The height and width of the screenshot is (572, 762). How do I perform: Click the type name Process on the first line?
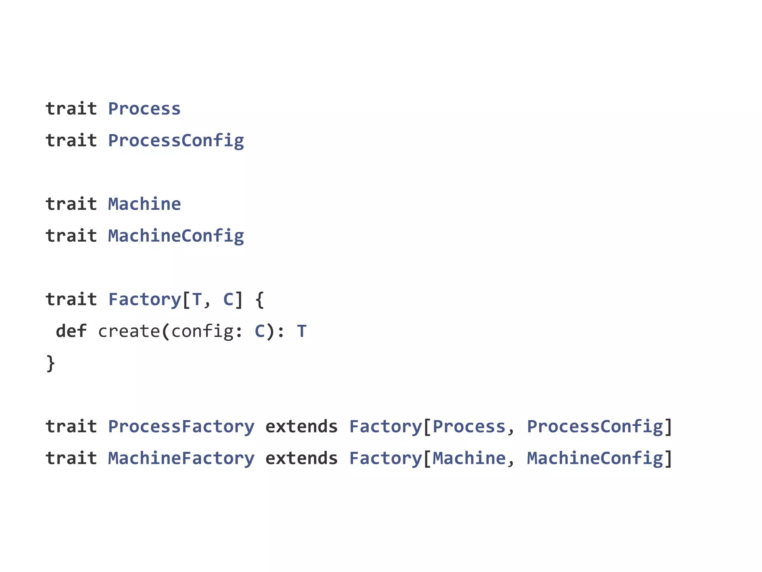tap(144, 109)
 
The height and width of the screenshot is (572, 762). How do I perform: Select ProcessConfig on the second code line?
tap(176, 141)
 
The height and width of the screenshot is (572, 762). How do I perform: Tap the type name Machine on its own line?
tap(144, 204)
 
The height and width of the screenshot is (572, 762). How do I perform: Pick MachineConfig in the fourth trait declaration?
tap(176, 236)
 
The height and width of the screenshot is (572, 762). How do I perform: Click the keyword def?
tap(71, 331)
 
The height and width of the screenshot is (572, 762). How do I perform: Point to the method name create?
tap(129, 331)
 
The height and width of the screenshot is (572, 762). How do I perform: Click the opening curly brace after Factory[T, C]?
tap(260, 300)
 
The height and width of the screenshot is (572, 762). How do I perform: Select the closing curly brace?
tap(51, 363)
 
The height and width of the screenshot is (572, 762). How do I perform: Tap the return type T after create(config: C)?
tap(302, 331)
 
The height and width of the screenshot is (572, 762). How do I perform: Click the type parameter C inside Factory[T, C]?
tap(228, 300)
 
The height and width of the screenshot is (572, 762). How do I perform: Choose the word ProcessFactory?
tap(181, 427)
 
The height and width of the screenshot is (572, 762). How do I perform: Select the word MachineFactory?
tap(181, 458)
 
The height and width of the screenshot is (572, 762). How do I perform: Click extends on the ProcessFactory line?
tap(301, 427)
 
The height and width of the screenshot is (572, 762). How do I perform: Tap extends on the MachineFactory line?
tap(301, 458)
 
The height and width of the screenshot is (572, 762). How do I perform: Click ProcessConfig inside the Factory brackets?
tap(595, 427)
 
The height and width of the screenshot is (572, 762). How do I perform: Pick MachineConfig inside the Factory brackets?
tap(595, 458)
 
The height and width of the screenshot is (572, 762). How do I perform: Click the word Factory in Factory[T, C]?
tap(144, 300)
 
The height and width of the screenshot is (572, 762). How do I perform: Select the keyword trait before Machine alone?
tap(71, 204)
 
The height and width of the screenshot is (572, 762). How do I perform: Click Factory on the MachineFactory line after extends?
tap(385, 458)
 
